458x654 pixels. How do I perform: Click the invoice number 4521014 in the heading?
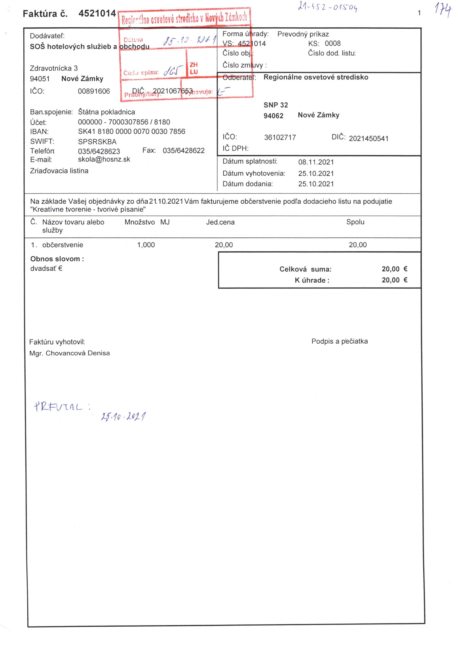coord(97,13)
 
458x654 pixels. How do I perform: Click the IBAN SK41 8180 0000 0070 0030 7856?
coord(132,132)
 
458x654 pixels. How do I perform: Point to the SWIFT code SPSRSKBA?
coord(97,142)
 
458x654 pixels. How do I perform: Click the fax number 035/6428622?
coord(184,151)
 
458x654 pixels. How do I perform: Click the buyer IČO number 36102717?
coord(280,138)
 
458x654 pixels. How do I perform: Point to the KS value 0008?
coord(333,43)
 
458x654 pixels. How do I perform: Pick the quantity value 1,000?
coord(146,245)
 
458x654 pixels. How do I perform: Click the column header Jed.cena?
coord(220,222)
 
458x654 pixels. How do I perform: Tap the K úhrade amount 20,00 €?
coord(394,280)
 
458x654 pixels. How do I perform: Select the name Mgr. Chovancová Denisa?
coord(69,353)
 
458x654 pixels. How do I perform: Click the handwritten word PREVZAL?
coord(58,406)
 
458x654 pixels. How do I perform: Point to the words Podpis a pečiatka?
coord(339,341)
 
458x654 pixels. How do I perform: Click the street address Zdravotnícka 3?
coord(54,68)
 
